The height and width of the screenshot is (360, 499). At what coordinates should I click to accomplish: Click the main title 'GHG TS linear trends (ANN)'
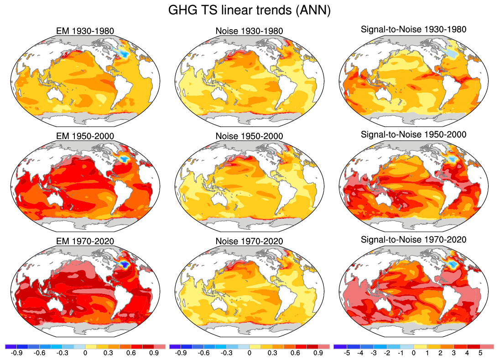(249, 10)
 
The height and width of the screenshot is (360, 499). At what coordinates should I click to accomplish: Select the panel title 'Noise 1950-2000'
(249, 136)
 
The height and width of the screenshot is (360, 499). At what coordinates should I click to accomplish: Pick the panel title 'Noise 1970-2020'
(249, 241)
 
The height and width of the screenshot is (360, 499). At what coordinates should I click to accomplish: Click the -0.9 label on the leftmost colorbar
(16, 353)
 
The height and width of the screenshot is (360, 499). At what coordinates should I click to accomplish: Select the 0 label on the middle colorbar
(249, 353)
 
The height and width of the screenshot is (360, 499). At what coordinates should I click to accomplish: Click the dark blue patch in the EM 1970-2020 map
(124, 263)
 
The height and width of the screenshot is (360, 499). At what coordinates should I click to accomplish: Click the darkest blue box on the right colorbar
(340, 346)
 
